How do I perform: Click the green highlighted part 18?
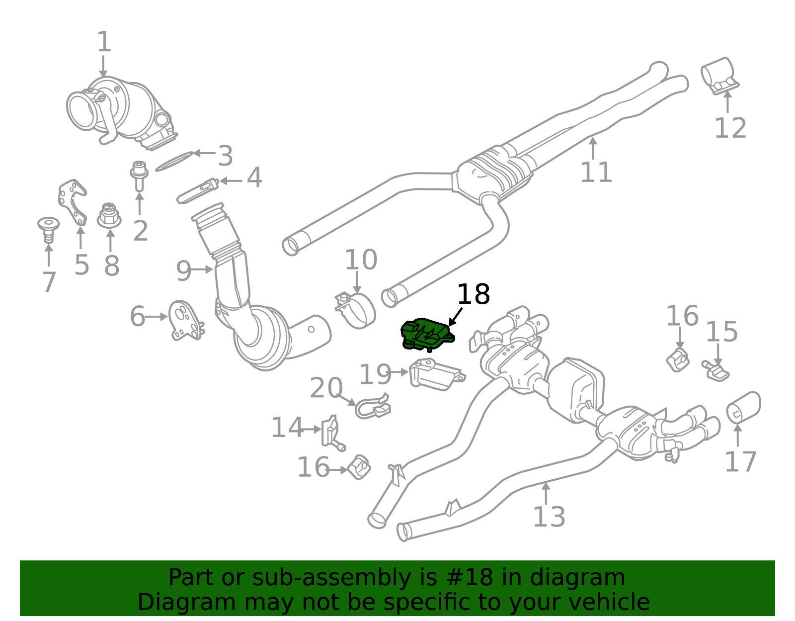426,334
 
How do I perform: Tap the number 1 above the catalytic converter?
104,42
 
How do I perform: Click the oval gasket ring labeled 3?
174,162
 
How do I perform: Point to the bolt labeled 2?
139,175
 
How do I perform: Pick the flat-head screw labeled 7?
48,229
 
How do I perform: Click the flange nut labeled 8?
109,216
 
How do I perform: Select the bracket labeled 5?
73,202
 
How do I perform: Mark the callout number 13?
549,517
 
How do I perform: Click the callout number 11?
596,172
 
